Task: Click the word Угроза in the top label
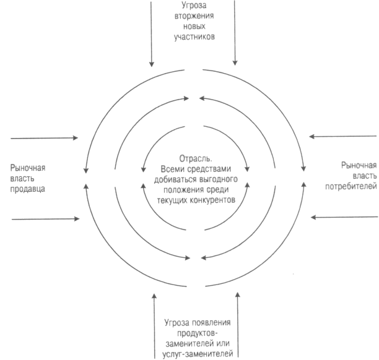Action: coord(194,6)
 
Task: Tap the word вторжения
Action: coord(194,16)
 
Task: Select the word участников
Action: coord(194,36)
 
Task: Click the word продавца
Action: coord(27,189)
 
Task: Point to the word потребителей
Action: coord(351,186)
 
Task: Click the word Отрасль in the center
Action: coord(196,158)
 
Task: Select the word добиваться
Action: coord(175,179)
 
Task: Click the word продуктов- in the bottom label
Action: coord(198,333)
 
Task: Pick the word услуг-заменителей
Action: coord(198,354)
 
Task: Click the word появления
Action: coord(211,323)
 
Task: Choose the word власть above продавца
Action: coord(22,178)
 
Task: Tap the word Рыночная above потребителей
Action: coord(359,166)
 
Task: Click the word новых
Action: coord(194,27)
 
